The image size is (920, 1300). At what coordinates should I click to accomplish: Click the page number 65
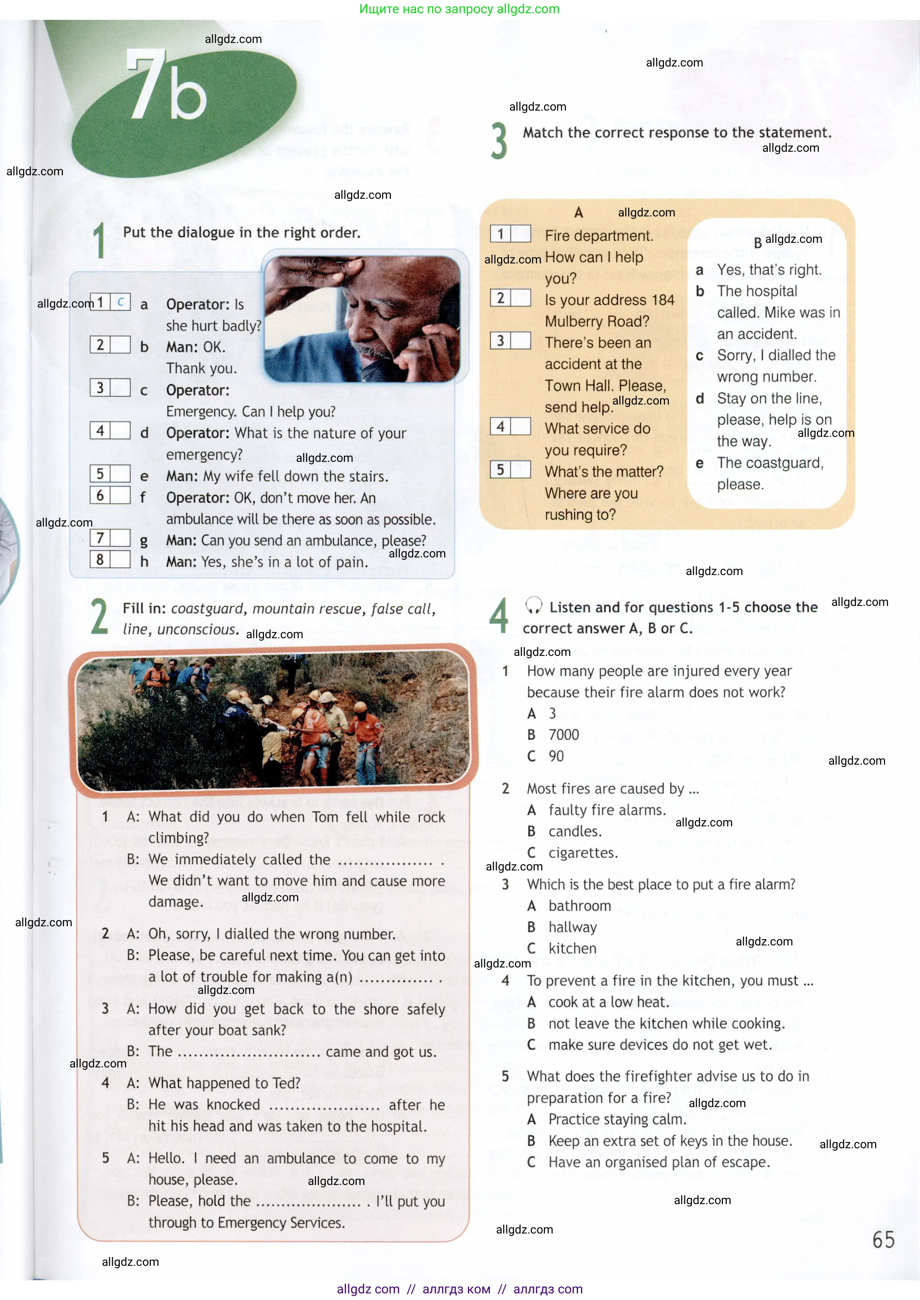882,1239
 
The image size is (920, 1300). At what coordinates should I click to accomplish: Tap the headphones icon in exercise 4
533,606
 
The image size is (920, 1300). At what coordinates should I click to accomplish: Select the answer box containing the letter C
121,302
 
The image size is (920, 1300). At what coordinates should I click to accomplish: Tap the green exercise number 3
499,141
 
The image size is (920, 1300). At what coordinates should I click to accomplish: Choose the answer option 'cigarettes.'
582,853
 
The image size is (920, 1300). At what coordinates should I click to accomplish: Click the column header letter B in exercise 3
757,243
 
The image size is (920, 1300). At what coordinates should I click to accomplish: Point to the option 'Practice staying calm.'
617,1119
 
